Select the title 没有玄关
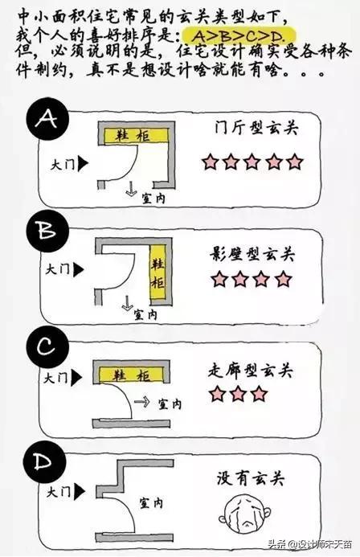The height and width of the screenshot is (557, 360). pyautogui.click(x=252, y=477)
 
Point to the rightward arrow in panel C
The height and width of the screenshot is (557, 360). pyautogui.click(x=142, y=400)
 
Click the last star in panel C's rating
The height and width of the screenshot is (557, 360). pyautogui.click(x=259, y=394)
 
